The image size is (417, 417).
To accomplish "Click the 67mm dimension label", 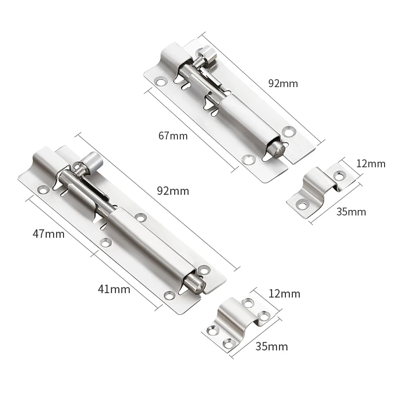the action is click(x=173, y=136).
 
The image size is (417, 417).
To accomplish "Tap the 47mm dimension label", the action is click(x=48, y=234).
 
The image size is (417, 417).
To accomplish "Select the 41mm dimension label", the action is click(x=114, y=289).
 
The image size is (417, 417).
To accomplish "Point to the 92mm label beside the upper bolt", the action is click(x=283, y=83).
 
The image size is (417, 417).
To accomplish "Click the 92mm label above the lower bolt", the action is click(x=173, y=191).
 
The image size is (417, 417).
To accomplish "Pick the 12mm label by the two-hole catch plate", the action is click(x=371, y=164).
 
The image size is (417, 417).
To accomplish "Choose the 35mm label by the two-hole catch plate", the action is click(x=351, y=212).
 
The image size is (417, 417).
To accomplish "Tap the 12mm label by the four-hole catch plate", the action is click(x=284, y=294).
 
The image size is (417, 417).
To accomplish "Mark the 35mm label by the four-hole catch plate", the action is click(x=272, y=347).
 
